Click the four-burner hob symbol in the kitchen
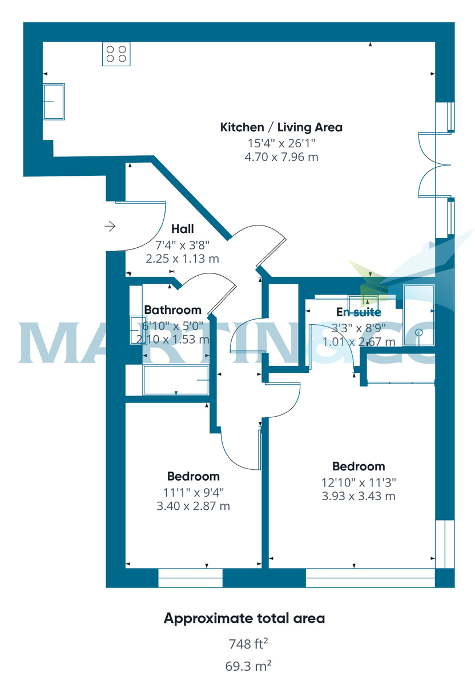(116, 54)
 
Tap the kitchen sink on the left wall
(54, 102)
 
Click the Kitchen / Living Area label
(281, 127)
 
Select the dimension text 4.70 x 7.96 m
(281, 156)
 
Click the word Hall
(183, 229)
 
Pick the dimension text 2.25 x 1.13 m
(183, 259)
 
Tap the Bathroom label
(172, 310)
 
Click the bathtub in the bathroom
(175, 380)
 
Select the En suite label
(359, 312)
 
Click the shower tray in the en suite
(418, 315)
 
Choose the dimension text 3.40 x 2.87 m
(193, 506)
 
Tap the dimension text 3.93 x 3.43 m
(359, 496)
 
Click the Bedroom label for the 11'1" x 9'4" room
(193, 476)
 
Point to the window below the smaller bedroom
(190, 578)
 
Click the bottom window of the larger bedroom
(370, 578)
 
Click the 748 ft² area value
(248, 644)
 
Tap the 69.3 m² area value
(248, 665)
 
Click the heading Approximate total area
(244, 618)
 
